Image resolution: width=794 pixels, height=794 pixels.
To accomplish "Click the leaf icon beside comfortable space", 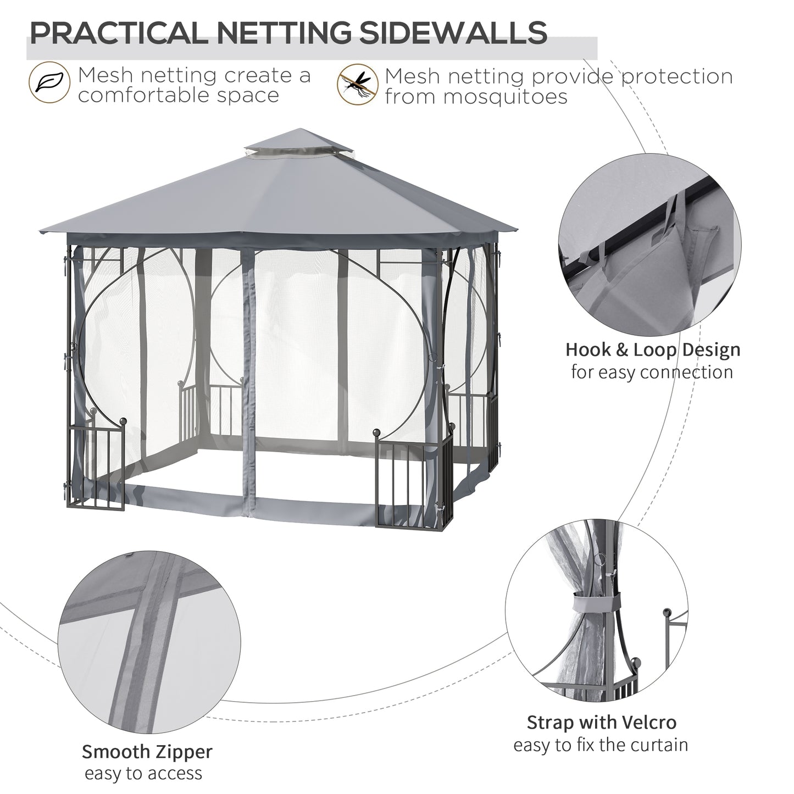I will coord(49,84).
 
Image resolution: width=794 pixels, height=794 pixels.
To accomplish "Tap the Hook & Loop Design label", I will coord(653,349).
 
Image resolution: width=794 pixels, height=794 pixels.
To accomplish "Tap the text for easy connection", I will coord(652,372).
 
